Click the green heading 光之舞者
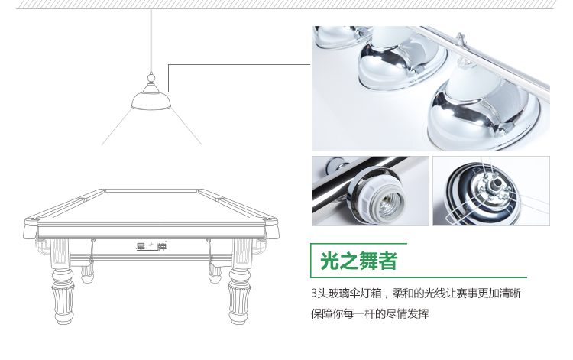point(358,261)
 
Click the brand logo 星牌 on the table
point(151,247)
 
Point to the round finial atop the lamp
point(151,77)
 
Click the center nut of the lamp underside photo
point(497,182)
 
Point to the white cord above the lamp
point(151,41)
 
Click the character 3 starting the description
point(314,293)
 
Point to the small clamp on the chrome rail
point(461,40)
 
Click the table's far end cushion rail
point(151,190)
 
